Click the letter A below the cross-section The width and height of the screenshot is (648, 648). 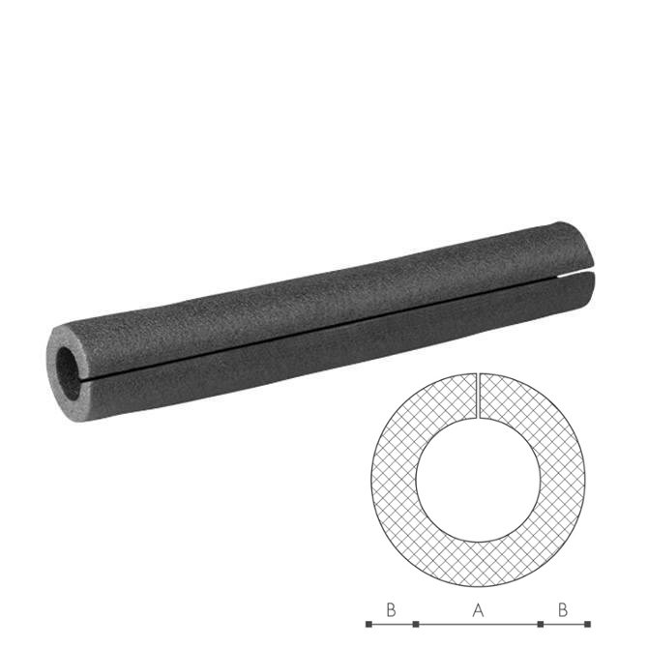click(x=478, y=610)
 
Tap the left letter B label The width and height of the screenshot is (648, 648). click(x=391, y=610)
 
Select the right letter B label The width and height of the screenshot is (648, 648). click(x=563, y=610)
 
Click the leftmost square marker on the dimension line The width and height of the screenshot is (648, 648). click(x=368, y=624)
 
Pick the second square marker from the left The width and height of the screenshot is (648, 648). click(x=416, y=624)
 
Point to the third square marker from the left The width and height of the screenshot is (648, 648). click(x=540, y=624)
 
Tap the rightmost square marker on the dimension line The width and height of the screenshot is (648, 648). click(x=587, y=624)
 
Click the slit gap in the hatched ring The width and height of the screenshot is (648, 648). click(x=478, y=396)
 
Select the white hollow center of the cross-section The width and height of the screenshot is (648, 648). click(x=478, y=480)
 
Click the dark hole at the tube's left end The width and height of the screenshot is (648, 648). click(x=68, y=372)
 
